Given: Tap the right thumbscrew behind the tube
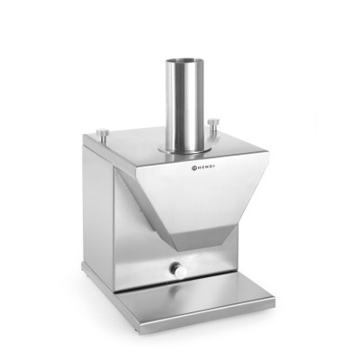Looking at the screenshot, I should (x=213, y=122).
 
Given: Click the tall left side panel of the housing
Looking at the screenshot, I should (x=98, y=207).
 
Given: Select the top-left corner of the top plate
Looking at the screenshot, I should (x=85, y=137).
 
